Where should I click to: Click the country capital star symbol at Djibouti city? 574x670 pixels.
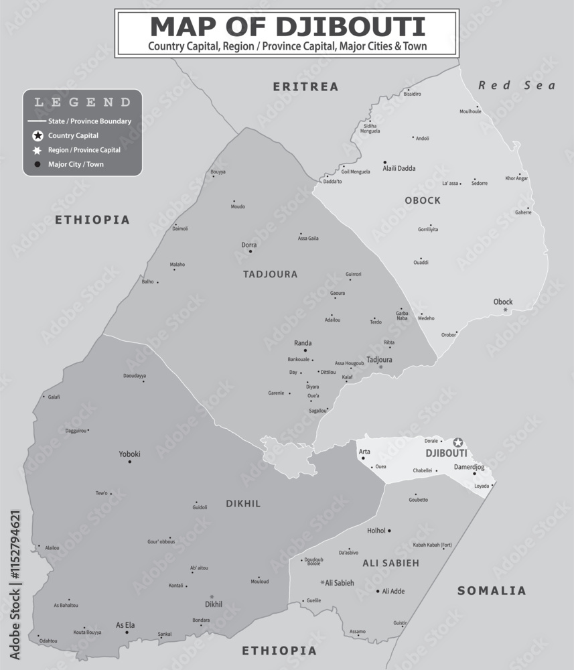point(458,442)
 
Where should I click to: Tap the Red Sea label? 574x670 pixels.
point(516,85)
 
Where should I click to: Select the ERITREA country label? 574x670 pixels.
point(305,86)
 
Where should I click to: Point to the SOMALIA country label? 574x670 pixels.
point(492,590)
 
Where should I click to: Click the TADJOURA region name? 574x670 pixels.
point(271,274)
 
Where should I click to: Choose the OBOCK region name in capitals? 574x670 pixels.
point(423,200)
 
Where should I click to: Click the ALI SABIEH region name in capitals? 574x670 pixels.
point(390,563)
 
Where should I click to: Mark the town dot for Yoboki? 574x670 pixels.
point(130,462)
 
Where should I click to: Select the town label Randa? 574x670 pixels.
point(303,343)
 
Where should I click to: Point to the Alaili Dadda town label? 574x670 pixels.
point(399,168)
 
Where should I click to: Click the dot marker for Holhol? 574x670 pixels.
point(389,530)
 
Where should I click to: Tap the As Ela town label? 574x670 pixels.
point(125,625)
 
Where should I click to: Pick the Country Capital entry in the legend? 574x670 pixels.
point(73,135)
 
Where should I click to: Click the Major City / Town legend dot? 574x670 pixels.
point(38,163)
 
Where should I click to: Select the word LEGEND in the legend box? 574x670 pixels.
point(82,103)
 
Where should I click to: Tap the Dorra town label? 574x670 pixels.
point(248,245)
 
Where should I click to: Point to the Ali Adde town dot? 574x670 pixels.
point(378,591)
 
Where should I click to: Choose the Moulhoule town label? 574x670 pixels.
point(470,111)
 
